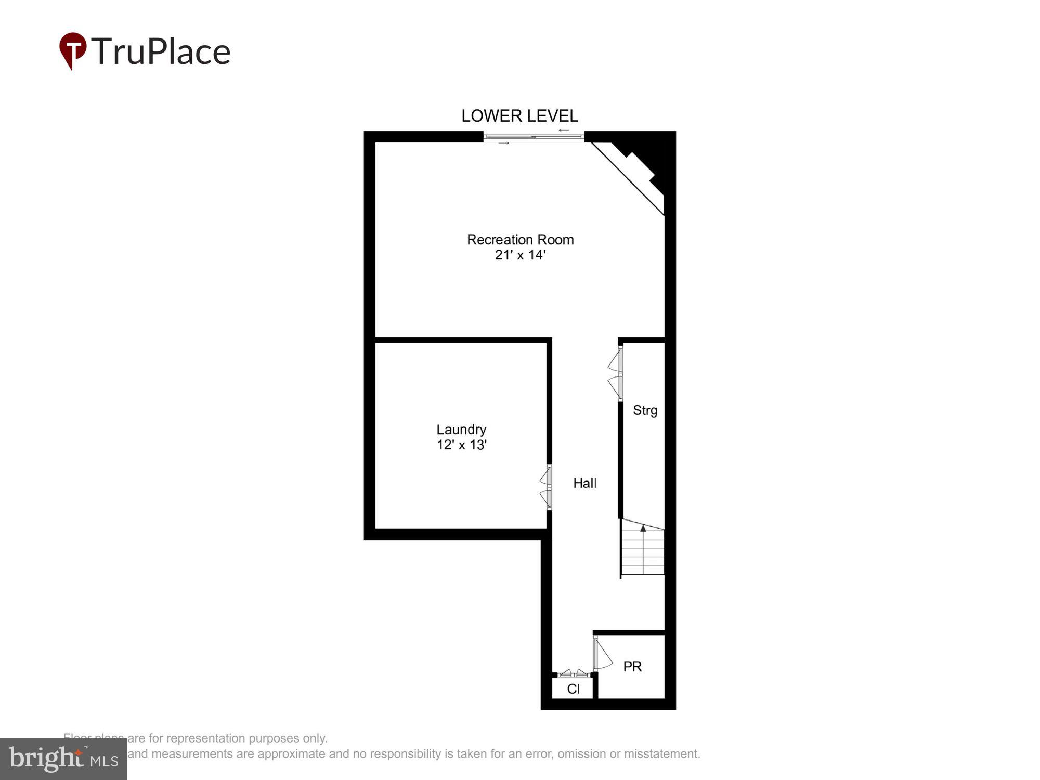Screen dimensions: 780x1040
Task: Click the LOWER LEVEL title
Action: [x=519, y=115]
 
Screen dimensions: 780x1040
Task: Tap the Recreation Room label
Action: [x=520, y=240]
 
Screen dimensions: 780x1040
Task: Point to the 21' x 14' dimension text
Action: [x=520, y=255]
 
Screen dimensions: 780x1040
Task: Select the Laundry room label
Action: [x=461, y=430]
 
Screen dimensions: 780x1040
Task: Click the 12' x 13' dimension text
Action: [x=461, y=445]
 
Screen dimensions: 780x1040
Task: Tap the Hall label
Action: [x=584, y=483]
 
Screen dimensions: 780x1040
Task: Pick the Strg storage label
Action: [x=645, y=410]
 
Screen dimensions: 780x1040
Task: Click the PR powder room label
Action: [x=632, y=667]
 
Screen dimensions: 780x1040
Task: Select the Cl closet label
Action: [x=573, y=689]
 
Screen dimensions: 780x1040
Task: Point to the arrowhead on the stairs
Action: [x=643, y=529]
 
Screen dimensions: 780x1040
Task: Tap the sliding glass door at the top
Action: [x=534, y=137]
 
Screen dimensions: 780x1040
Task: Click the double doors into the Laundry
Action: [x=546, y=487]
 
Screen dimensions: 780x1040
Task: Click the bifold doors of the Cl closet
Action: [x=574, y=673]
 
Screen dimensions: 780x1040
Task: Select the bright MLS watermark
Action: [x=63, y=759]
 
